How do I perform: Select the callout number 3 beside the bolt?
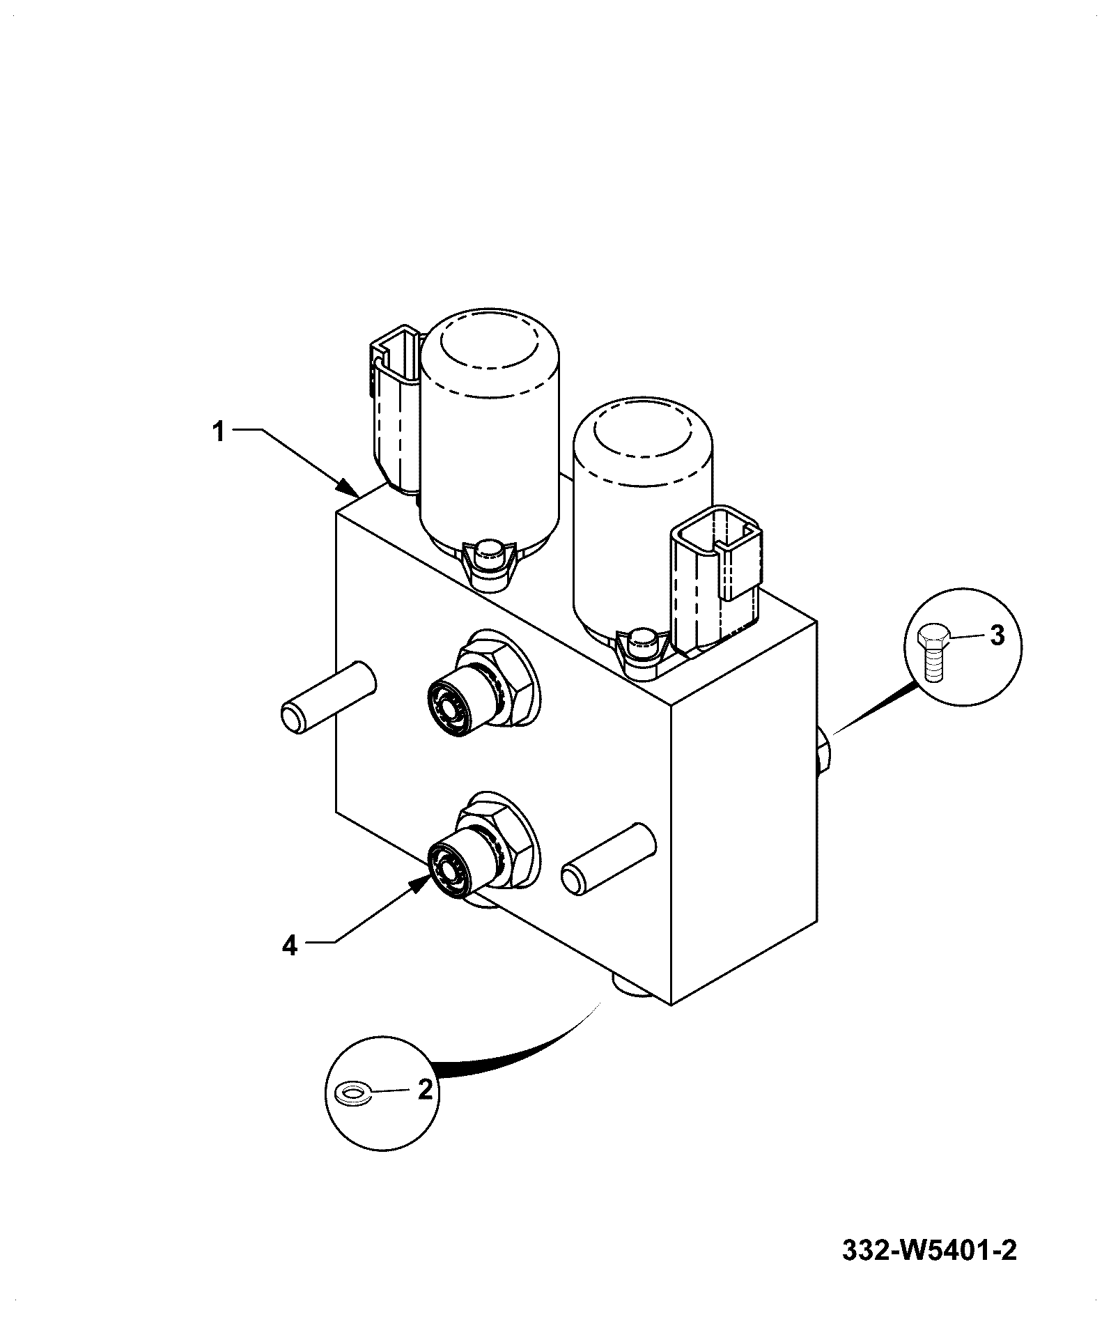pos(997,636)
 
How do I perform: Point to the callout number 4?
pos(290,946)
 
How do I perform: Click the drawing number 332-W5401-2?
pos(930,1250)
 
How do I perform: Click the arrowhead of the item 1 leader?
pos(348,487)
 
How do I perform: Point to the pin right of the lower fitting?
pos(608,857)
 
